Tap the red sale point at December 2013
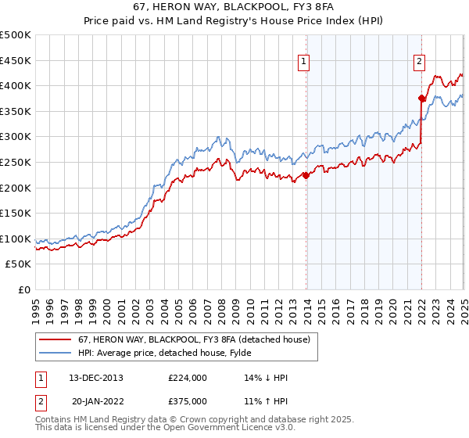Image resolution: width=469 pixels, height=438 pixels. click(306, 175)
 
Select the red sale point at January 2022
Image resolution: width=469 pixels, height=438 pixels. click(421, 99)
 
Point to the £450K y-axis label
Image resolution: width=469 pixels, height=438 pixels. click(16, 60)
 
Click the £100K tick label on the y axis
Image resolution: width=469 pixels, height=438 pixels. click(16, 239)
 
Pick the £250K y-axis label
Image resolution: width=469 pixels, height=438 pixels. click(16, 163)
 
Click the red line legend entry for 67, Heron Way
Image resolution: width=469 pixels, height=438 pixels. click(183, 339)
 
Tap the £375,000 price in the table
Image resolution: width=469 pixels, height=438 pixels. click(188, 400)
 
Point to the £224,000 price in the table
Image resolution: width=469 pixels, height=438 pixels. click(188, 378)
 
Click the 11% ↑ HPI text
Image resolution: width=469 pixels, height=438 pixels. click(266, 400)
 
